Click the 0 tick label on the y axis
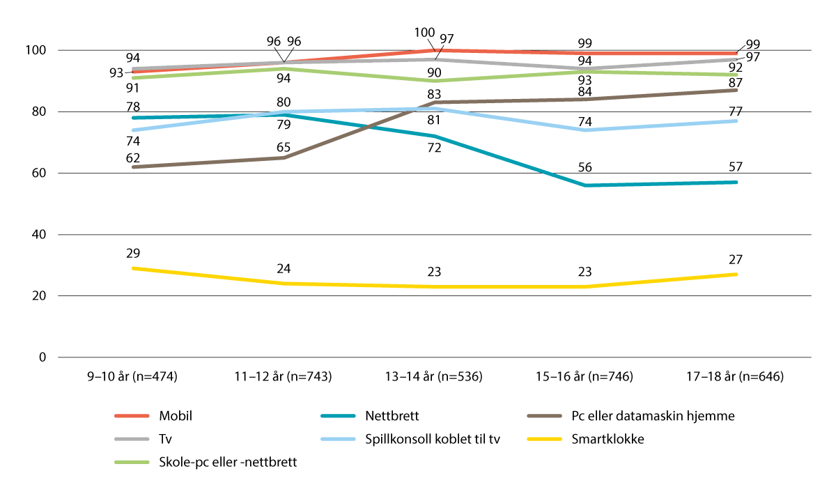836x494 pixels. [x=42, y=357]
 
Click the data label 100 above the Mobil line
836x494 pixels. [x=424, y=32]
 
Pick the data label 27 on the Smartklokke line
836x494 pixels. [x=736, y=259]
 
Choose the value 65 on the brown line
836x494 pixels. [x=282, y=148]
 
